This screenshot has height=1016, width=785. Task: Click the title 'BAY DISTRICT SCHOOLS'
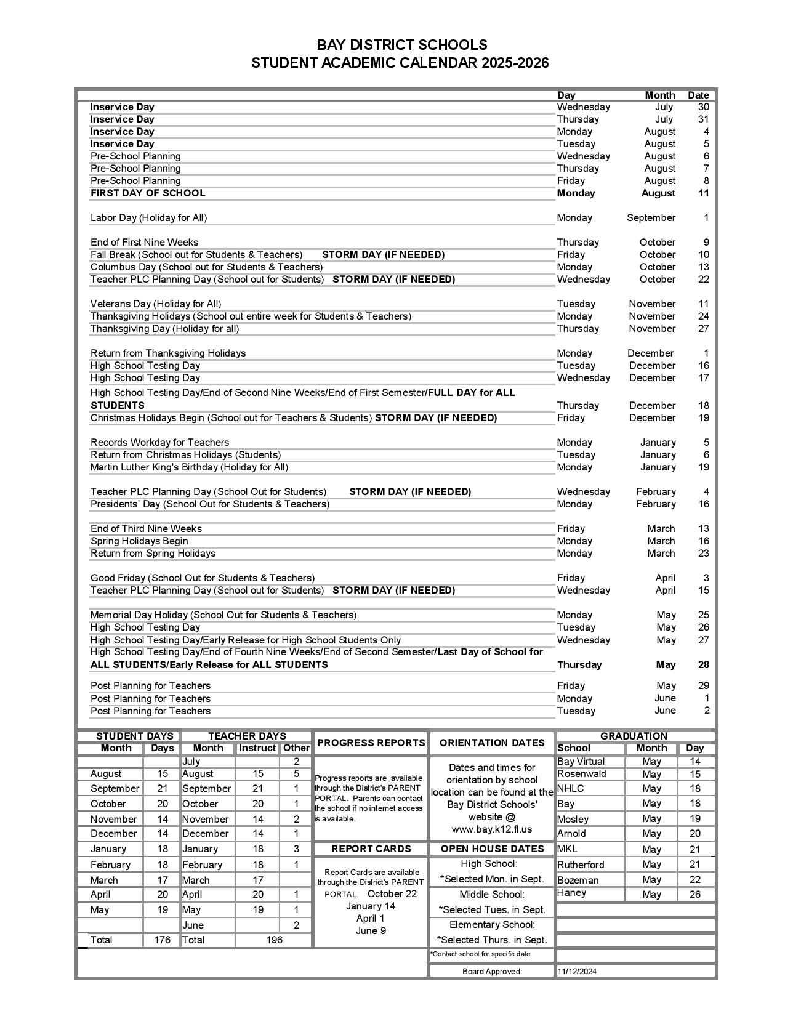pos(401,45)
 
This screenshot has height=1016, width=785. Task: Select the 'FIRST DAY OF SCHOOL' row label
pos(148,193)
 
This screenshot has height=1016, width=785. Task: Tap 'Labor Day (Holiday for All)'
pos(148,218)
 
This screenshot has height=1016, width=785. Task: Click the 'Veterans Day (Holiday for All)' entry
pos(156,304)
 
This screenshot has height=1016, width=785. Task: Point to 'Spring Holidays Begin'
pos(139,541)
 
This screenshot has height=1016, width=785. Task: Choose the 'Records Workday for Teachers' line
pos(159,443)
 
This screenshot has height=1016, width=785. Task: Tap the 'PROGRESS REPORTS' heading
pos(371,743)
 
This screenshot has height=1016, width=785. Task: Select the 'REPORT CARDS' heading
pos(371,849)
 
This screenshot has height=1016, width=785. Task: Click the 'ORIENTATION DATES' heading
pos(492,743)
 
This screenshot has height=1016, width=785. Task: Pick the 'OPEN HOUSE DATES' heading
pos(492,849)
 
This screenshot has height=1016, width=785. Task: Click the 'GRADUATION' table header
pos(634,736)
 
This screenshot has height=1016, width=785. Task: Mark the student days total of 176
pos(162,940)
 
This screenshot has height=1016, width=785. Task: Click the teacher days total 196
pos(274,940)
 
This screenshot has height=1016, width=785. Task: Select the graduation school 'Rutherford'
pos(581,865)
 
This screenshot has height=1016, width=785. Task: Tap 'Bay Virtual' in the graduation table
pos(581,762)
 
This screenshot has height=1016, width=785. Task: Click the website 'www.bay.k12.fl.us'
pos(491,829)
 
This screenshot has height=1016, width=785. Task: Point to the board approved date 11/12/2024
pos(577,972)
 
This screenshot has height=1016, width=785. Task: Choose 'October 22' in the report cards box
pos(392,894)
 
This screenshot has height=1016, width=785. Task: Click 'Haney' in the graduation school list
pos(571,893)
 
